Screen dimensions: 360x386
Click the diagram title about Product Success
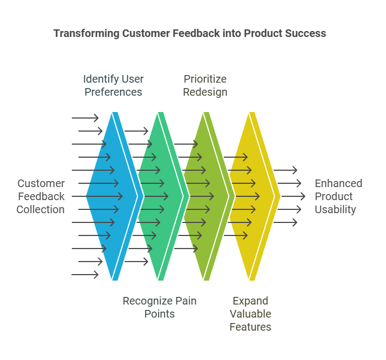click(190, 33)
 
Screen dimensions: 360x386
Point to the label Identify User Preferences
click(113, 85)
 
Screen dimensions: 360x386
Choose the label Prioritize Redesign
click(205, 85)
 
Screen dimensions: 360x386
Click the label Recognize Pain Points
click(159, 307)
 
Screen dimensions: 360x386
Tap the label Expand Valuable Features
click(250, 314)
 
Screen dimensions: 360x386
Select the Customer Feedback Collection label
click(40, 196)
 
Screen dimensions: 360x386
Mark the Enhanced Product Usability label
click(338, 196)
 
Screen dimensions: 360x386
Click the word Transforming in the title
click(86, 33)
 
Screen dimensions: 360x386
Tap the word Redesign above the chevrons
click(205, 92)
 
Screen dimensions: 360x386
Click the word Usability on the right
click(335, 209)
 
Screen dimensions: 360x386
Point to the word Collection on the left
click(40, 209)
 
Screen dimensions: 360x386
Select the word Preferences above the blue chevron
click(113, 92)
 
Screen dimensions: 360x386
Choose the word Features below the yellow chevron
click(250, 327)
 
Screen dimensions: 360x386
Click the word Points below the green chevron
click(159, 314)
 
